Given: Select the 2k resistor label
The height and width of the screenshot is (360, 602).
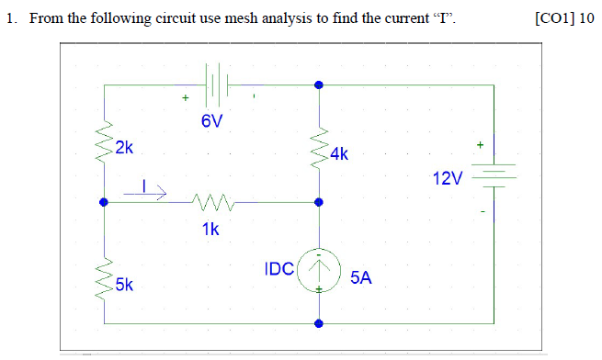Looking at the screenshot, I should [124, 146].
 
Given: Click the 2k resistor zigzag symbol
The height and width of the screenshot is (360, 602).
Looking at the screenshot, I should [104, 140].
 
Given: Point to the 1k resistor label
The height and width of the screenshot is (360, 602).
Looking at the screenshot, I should [210, 230].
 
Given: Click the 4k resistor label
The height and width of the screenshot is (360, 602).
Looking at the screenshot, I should [338, 154].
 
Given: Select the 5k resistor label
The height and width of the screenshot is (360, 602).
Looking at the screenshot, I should [124, 285].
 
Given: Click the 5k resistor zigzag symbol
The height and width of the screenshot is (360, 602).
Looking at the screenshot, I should [104, 276].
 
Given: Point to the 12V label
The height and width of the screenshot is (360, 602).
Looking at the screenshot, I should [448, 176].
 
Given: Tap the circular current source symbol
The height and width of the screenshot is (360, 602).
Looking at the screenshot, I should [318, 272].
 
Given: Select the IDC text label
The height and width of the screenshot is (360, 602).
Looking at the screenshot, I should [278, 269].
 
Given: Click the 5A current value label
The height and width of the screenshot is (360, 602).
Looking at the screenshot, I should [361, 277].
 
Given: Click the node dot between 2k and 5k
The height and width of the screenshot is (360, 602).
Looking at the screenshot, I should [104, 202].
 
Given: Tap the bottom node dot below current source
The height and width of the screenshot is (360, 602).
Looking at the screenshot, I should [319, 323].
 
